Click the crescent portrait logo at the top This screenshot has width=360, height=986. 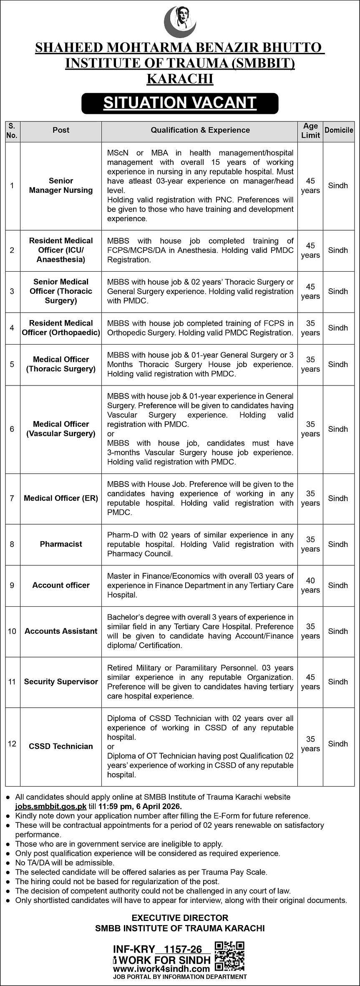(x=180, y=22)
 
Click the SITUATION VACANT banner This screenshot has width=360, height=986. (x=180, y=103)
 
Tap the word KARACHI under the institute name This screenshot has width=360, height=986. (x=180, y=79)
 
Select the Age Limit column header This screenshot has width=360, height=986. (x=310, y=131)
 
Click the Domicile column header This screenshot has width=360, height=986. (x=339, y=130)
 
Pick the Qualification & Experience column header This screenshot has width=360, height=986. (x=200, y=130)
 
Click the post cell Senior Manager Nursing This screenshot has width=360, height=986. (x=61, y=186)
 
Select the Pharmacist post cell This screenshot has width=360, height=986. (x=61, y=544)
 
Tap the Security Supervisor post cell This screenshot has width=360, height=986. (x=61, y=681)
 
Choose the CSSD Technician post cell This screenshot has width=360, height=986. (x=61, y=746)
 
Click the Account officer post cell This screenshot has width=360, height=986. (x=61, y=585)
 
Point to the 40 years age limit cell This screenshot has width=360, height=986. (x=310, y=585)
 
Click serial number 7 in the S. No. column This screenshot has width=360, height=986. (x=12, y=498)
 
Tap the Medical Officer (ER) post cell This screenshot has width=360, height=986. (x=61, y=498)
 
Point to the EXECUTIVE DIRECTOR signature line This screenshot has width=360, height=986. (x=180, y=918)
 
